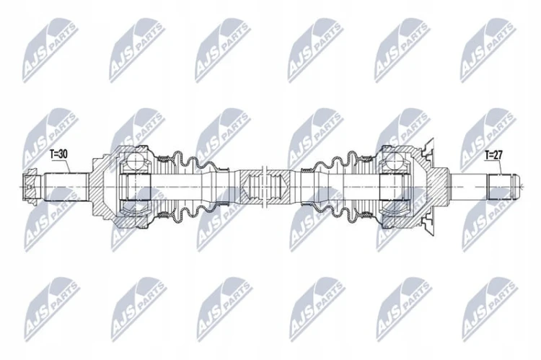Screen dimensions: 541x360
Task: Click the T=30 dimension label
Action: (x=58, y=154)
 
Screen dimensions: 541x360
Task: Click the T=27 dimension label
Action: (x=493, y=155)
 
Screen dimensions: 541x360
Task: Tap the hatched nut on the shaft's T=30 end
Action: (x=32, y=187)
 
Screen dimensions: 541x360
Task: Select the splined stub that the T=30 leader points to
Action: (x=66, y=187)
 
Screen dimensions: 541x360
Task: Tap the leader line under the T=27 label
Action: (x=498, y=167)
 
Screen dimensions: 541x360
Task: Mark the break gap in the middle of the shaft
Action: (x=265, y=187)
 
